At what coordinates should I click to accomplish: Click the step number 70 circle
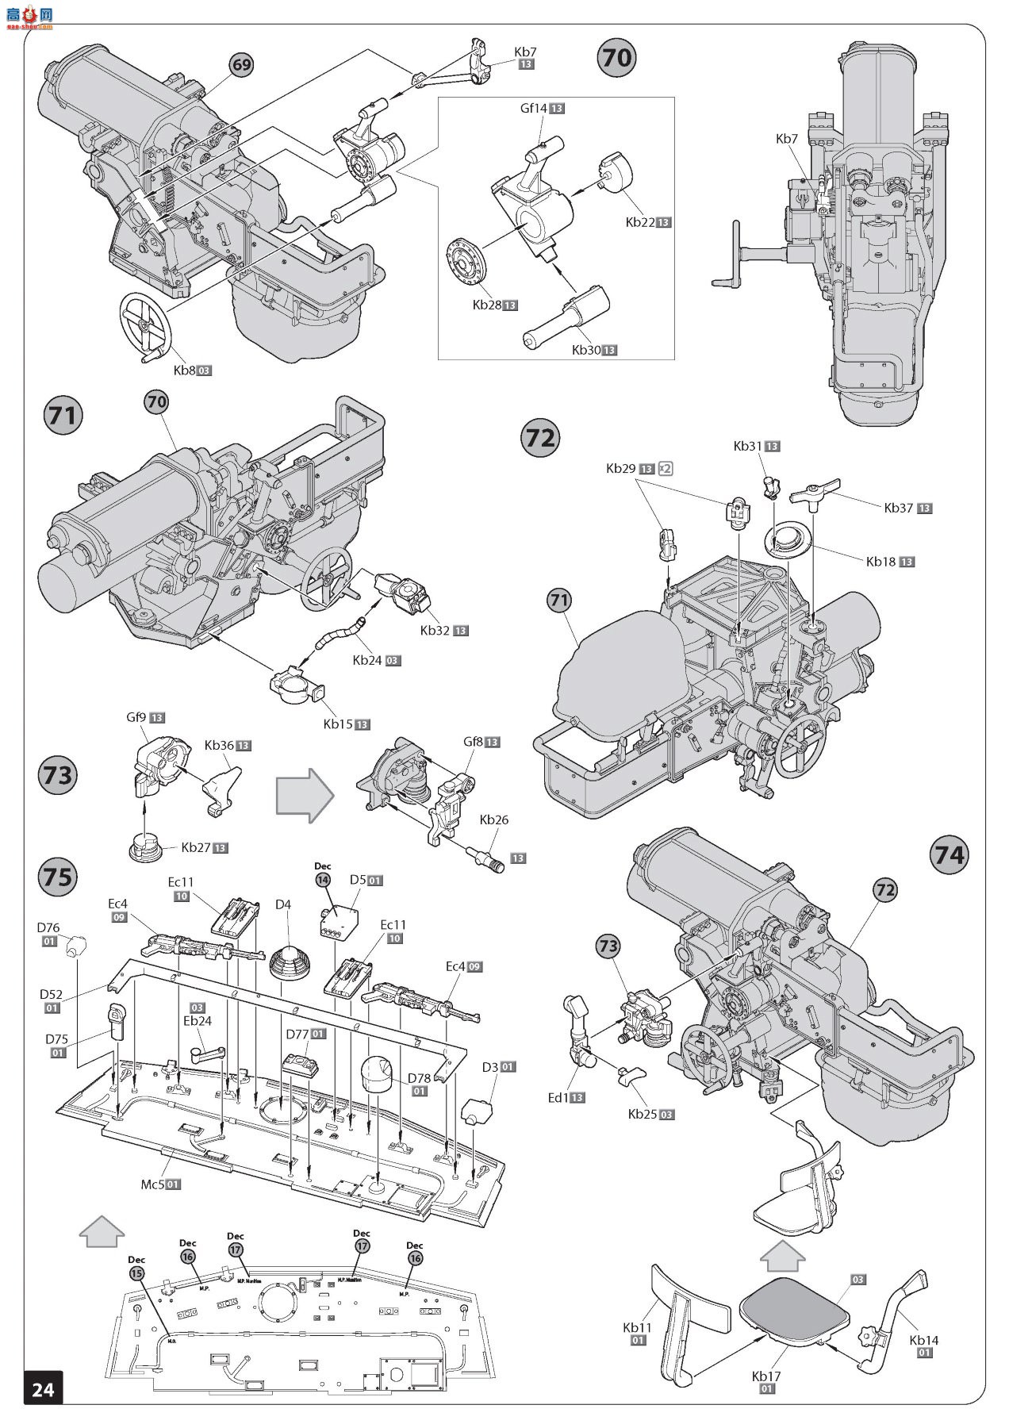tap(616, 58)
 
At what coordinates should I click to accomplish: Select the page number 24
tap(43, 1388)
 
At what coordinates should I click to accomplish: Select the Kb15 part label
tap(339, 724)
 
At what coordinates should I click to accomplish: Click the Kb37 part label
tap(900, 508)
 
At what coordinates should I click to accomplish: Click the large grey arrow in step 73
tap(305, 794)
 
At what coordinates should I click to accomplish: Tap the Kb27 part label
tap(196, 847)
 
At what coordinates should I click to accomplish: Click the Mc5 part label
tap(154, 1184)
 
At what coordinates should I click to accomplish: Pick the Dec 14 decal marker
tap(323, 879)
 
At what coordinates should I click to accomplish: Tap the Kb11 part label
tap(638, 1326)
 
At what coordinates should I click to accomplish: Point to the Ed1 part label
tap(558, 1097)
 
